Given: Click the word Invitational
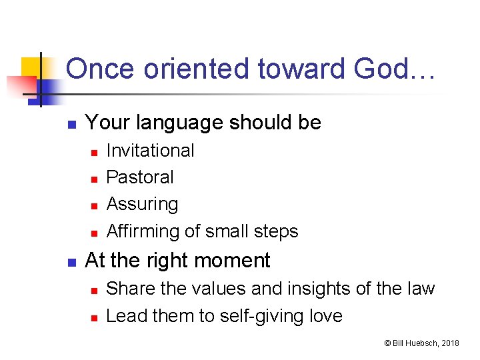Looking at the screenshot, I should click(x=150, y=151).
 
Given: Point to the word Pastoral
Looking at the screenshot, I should click(x=140, y=177).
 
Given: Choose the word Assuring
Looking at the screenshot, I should click(x=142, y=204).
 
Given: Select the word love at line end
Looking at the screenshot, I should click(x=325, y=315).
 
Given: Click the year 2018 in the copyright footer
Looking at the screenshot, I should click(x=450, y=343).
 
